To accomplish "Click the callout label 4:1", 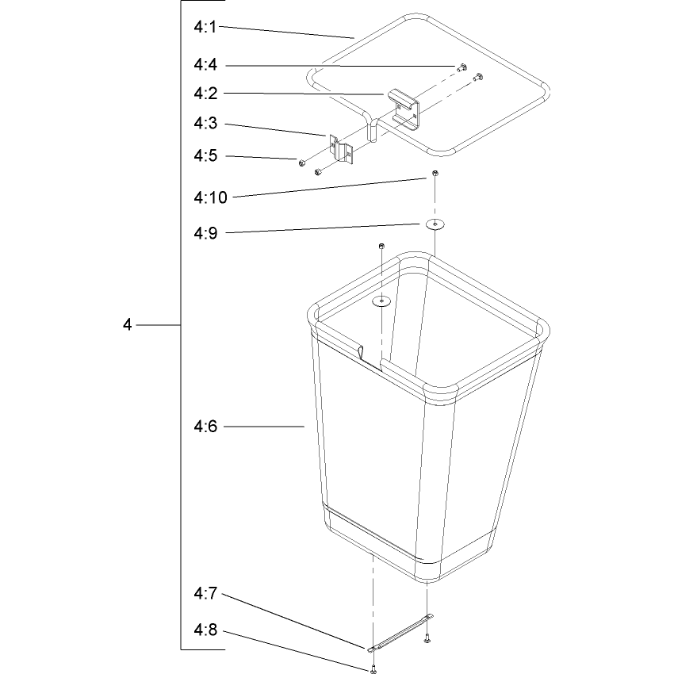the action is [205, 27].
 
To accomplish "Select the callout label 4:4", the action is [205, 65].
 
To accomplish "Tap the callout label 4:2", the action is [205, 94].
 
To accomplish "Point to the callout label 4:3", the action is [205, 124].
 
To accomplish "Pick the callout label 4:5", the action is [205, 155].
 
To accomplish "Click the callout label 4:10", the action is [210, 197].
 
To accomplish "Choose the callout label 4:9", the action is [205, 233].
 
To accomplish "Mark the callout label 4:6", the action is [205, 427].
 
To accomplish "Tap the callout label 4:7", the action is [205, 594].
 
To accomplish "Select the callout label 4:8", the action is [205, 630].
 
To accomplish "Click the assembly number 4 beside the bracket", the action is [127, 324].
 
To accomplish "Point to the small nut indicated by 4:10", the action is [435, 173].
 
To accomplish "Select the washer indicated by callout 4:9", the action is [435, 224].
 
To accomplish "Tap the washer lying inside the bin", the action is [381, 301].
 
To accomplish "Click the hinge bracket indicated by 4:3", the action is [341, 149].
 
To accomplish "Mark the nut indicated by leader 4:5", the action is [302, 163].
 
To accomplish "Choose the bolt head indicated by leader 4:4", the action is [462, 67].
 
